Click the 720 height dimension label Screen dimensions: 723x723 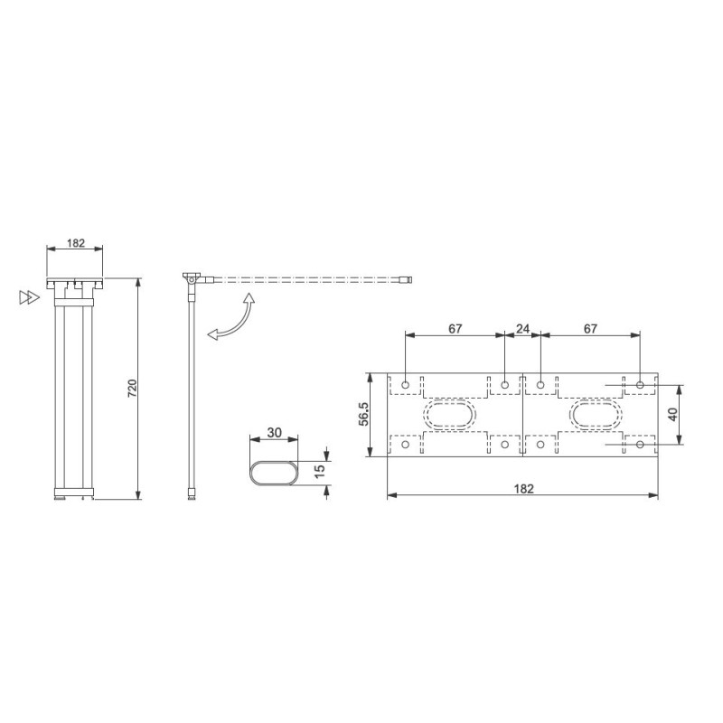pos(132,389)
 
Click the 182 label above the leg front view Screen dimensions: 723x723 pos(75,244)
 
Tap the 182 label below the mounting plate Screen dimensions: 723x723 pos(523,488)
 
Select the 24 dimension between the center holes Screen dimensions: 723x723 pos(522,329)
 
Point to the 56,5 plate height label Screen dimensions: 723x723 pos(364,415)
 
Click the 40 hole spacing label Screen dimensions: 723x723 pos(672,415)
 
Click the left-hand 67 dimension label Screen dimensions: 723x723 pos(455,329)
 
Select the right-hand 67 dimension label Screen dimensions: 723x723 pos(590,329)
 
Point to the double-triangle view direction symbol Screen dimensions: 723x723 pos(30,296)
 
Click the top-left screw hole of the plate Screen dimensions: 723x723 pos(406,385)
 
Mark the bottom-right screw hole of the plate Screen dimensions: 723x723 pos(641,445)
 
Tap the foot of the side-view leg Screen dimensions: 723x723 pos(191,493)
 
